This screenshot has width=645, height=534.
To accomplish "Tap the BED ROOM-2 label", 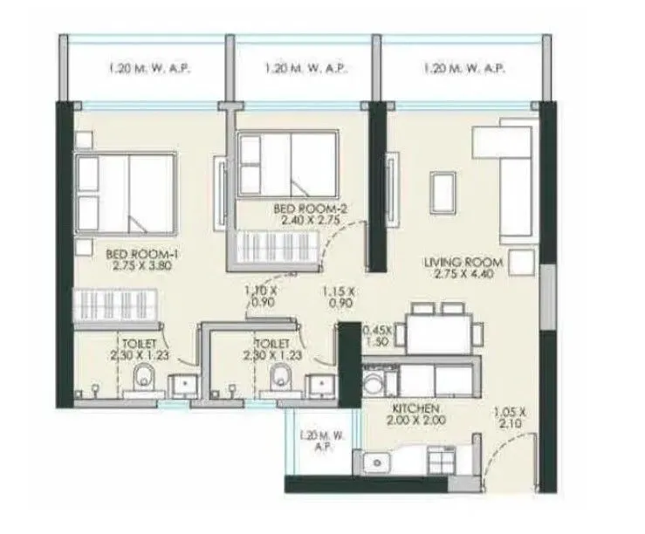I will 298,209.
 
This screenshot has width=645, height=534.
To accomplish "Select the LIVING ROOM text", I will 463,262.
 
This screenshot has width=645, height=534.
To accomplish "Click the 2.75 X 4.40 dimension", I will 463,274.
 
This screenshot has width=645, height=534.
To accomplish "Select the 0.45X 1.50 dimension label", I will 377,337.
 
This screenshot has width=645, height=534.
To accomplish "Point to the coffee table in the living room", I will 443,191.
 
